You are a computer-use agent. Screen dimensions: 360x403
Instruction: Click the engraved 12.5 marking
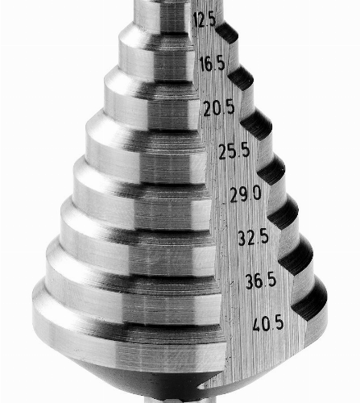[205, 20]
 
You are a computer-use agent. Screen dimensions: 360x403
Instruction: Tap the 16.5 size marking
[213, 64]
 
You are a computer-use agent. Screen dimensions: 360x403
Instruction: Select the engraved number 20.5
[219, 108]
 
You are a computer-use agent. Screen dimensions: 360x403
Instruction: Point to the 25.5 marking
[234, 151]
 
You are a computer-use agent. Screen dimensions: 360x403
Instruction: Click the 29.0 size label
[246, 194]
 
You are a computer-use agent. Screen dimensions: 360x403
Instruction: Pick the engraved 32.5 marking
[254, 237]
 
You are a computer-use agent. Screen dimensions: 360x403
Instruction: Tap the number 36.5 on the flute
[261, 280]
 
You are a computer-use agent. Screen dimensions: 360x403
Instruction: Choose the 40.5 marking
[268, 323]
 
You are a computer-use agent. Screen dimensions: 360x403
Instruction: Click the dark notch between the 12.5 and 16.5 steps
[228, 33]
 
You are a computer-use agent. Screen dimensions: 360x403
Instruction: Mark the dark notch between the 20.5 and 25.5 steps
[257, 125]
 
